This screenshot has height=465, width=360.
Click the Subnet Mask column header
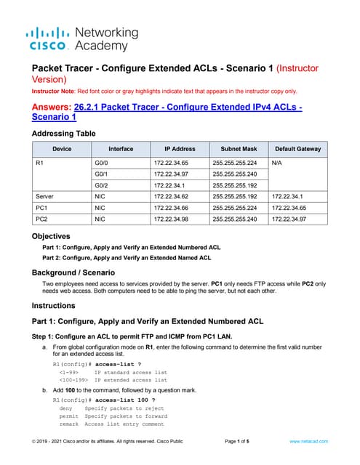237,148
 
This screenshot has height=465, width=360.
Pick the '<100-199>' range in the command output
74,379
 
